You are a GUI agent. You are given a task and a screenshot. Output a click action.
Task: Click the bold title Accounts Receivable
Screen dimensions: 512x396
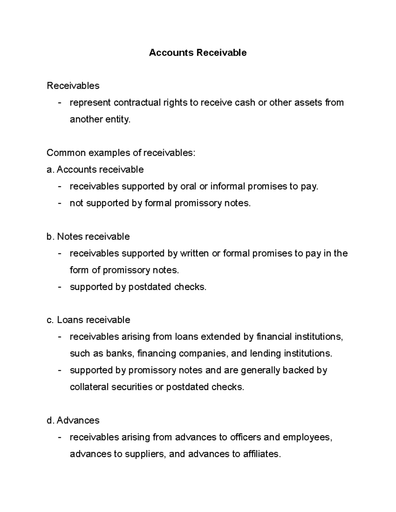(198, 53)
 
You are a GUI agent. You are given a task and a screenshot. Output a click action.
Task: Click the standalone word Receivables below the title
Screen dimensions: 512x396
(73, 86)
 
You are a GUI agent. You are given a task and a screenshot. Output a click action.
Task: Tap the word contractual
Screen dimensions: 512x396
(137, 103)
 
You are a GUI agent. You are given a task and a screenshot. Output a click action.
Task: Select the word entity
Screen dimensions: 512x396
(117, 119)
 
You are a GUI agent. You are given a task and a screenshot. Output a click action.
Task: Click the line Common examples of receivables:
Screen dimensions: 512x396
(121, 153)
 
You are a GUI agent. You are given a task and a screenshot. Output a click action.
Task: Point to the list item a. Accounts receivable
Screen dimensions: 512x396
(95, 170)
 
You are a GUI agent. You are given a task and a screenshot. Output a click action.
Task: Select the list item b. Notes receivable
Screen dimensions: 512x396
(88, 237)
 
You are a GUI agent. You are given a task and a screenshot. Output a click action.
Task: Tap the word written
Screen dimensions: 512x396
(194, 254)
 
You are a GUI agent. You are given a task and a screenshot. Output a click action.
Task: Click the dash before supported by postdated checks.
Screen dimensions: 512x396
(59, 287)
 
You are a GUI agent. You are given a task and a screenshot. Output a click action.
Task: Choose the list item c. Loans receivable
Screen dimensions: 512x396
(88, 320)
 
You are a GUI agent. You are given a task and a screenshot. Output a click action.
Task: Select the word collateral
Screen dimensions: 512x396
(89, 387)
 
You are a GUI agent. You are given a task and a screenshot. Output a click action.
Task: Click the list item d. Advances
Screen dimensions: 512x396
(73, 420)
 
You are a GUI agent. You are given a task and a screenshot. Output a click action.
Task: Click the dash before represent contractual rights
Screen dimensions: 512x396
(59, 103)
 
